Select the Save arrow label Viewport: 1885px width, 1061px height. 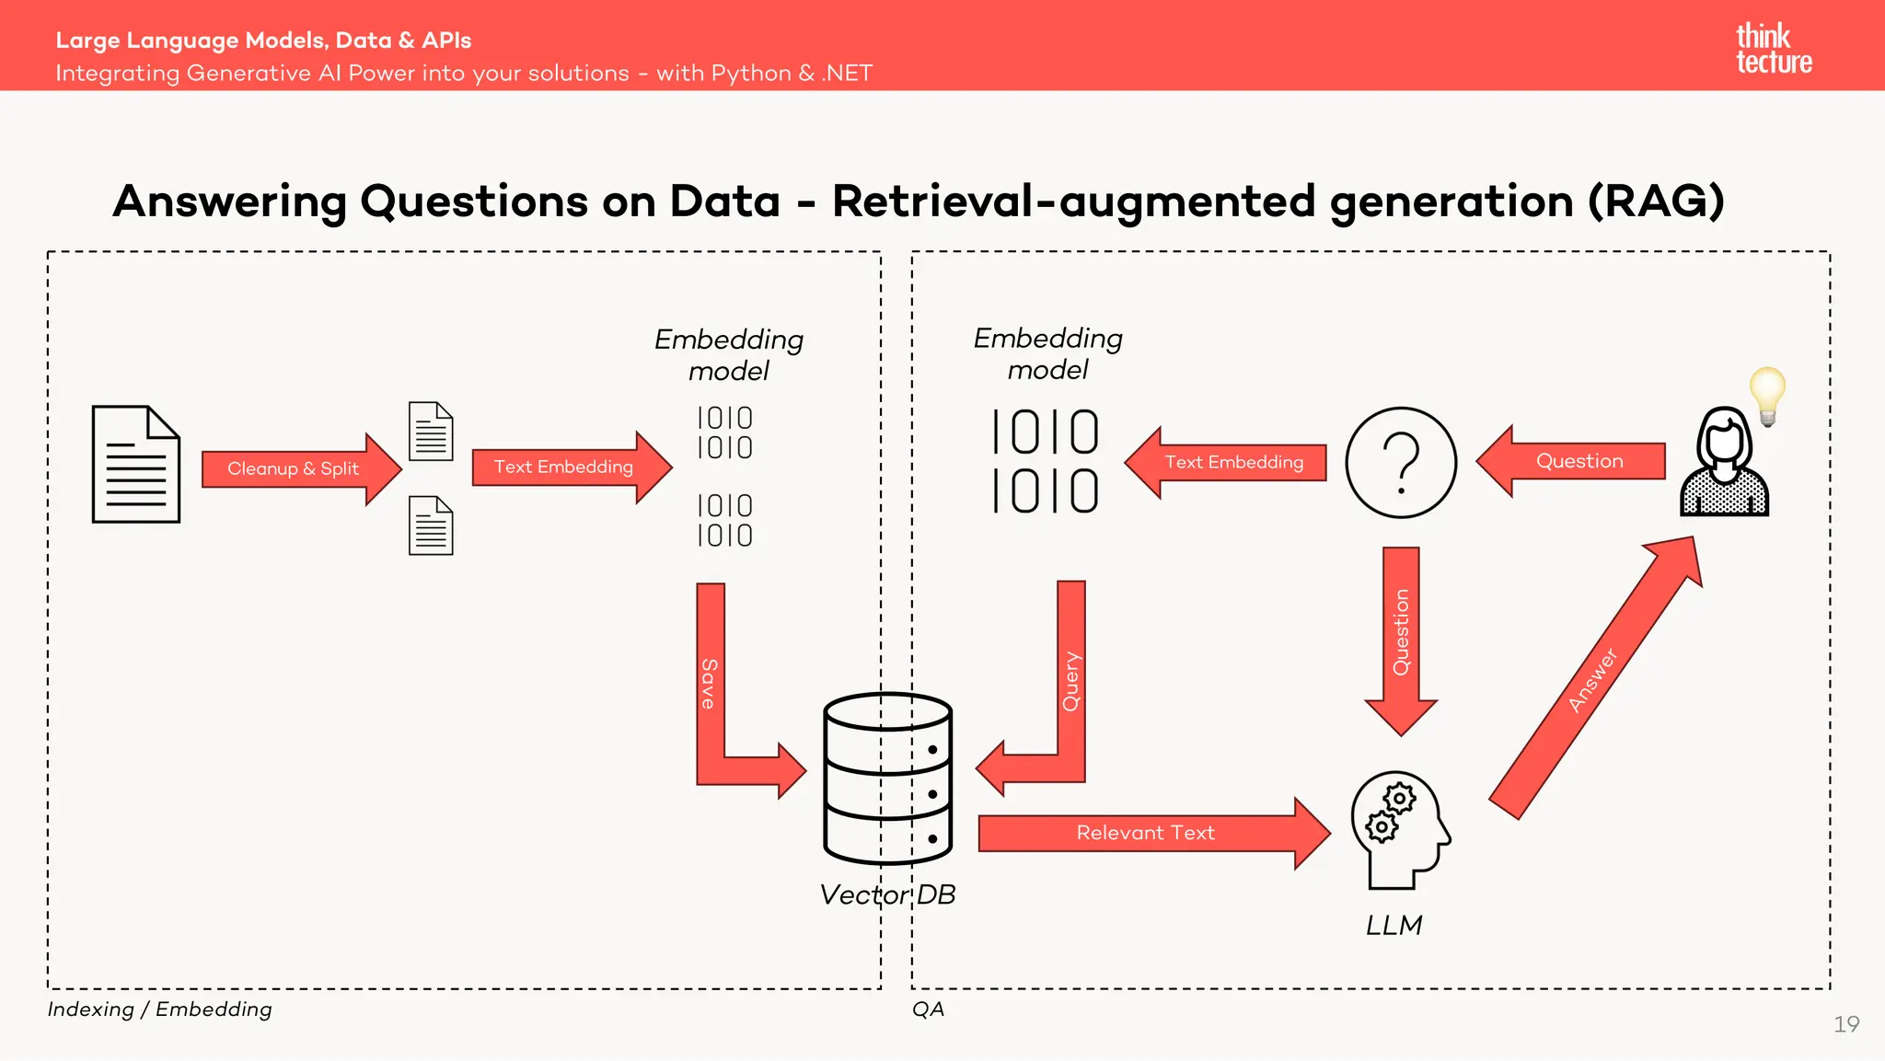pos(709,683)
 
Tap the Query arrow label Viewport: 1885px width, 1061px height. pos(1070,682)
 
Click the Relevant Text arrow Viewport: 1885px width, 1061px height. pos(1146,833)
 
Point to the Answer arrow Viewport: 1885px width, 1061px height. pos(1593,680)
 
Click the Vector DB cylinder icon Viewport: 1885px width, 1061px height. pos(888,778)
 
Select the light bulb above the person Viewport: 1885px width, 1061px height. pos(1767,394)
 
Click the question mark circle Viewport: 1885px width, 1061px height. pos(1401,462)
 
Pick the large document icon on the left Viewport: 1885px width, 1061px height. pos(136,465)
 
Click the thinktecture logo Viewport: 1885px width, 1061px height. pos(1773,49)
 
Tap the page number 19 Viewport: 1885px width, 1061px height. pos(1845,1024)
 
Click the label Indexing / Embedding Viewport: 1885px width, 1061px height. pos(160,1009)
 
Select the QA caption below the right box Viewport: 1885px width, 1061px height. pos(928,1009)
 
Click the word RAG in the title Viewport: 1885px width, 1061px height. pos(1656,201)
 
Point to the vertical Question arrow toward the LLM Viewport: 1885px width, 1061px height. pos(1401,635)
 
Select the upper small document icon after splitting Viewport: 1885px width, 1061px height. pos(431,432)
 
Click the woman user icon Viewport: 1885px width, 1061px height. pos(1724,464)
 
